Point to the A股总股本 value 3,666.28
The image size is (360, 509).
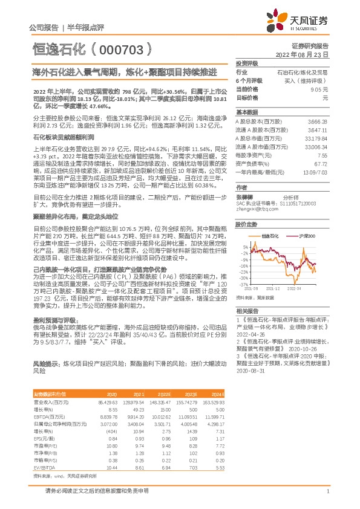[318, 121]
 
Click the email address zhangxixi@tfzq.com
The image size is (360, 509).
[253, 192]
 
